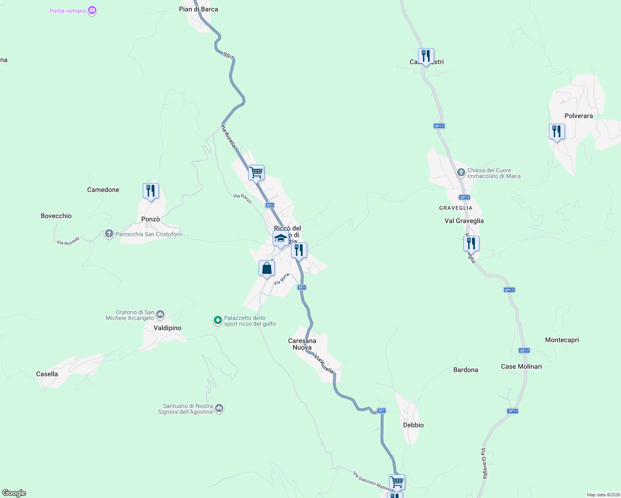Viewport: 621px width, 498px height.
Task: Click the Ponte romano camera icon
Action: [x=92, y=10]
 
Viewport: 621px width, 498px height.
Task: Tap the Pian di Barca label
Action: [x=198, y=9]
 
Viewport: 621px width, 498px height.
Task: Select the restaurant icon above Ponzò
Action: [x=151, y=191]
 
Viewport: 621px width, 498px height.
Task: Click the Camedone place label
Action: [x=103, y=190]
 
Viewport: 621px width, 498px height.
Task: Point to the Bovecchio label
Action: [x=56, y=216]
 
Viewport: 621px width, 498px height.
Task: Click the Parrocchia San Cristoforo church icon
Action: [x=109, y=234]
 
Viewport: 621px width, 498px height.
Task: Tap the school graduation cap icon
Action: [x=281, y=239]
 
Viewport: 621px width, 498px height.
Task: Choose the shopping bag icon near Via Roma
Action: [x=266, y=268]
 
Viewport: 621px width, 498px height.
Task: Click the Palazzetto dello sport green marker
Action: [x=218, y=320]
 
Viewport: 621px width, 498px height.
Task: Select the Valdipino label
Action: [x=167, y=328]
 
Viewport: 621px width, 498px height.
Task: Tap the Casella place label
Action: [x=47, y=374]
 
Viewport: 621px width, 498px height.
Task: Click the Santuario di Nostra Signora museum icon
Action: [x=220, y=409]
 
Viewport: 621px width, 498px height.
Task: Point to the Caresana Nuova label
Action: [x=302, y=344]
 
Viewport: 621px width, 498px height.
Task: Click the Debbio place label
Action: [x=413, y=425]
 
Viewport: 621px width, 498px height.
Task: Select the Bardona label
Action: [x=466, y=370]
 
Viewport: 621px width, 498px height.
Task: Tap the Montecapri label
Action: [x=562, y=340]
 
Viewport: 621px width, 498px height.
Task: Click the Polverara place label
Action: [x=579, y=116]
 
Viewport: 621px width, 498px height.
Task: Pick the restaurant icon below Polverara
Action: [x=557, y=132]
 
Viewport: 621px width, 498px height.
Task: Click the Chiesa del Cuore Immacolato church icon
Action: [x=461, y=173]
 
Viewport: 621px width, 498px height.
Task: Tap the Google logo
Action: [x=14, y=493]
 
